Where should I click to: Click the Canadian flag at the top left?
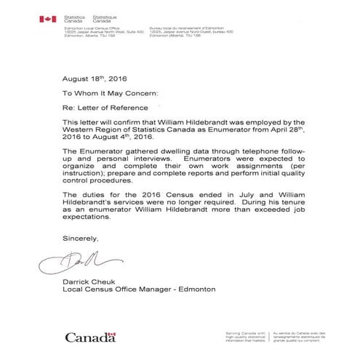[x=48, y=18]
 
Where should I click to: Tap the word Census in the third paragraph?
[x=175, y=196]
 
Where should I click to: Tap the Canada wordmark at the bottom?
[x=91, y=337]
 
